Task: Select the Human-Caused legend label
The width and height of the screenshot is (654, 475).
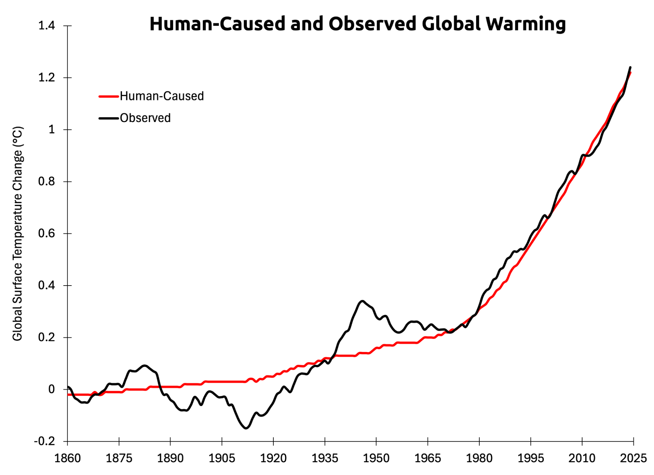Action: [x=162, y=96]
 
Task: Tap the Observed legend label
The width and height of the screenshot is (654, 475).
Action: [x=145, y=118]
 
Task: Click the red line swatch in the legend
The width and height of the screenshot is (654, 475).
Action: [x=109, y=97]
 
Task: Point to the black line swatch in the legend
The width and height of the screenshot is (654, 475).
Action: [x=109, y=118]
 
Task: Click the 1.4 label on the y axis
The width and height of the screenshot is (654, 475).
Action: [x=47, y=26]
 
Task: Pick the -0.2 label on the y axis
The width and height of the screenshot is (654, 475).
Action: [x=44, y=441]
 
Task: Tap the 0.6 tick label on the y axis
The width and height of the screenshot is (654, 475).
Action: [x=47, y=234]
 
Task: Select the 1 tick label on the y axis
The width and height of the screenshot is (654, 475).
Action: [x=52, y=130]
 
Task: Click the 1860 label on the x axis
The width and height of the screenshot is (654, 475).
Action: [x=67, y=458]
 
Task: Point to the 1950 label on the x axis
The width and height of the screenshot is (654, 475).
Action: [x=376, y=458]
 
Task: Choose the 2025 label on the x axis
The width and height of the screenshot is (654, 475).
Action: [x=633, y=458]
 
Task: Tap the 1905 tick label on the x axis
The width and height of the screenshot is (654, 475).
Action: [x=222, y=458]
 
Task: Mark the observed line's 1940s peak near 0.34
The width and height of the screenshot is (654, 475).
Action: [x=362, y=301]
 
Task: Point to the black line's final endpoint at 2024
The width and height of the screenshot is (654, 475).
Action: [x=630, y=67]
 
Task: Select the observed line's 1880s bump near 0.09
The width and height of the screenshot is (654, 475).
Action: [x=145, y=365]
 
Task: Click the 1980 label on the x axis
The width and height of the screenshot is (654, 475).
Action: [x=479, y=458]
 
